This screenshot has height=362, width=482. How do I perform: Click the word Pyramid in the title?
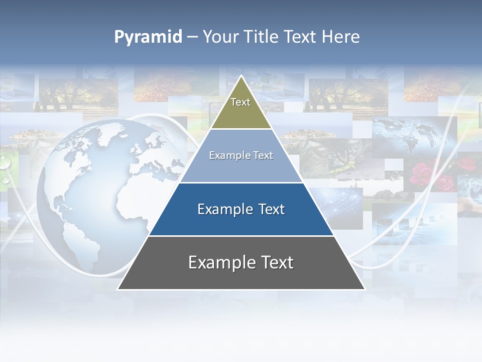(148, 37)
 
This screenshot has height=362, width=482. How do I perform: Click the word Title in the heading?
(262, 37)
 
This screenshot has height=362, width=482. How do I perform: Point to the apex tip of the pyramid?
(242, 77)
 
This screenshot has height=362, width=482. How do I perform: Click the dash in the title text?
(192, 37)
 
